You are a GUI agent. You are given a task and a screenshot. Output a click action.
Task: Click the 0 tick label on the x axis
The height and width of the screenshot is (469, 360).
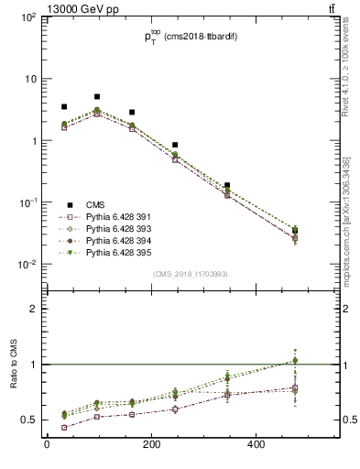click(46, 447)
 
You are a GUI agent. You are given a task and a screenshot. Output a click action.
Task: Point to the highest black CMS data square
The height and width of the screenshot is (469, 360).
click(97, 96)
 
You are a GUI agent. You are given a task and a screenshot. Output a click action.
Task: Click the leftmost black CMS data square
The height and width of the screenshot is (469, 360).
click(64, 107)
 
